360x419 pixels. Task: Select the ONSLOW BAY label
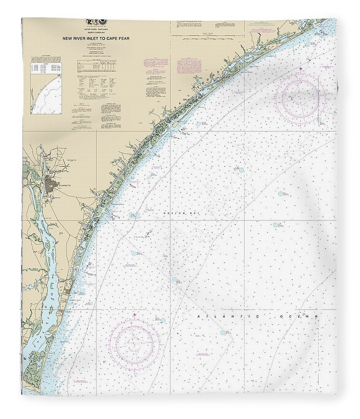175,214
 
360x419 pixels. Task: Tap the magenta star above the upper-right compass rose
300,69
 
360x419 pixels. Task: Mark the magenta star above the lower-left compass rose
134,315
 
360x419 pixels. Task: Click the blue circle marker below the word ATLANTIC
222,332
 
